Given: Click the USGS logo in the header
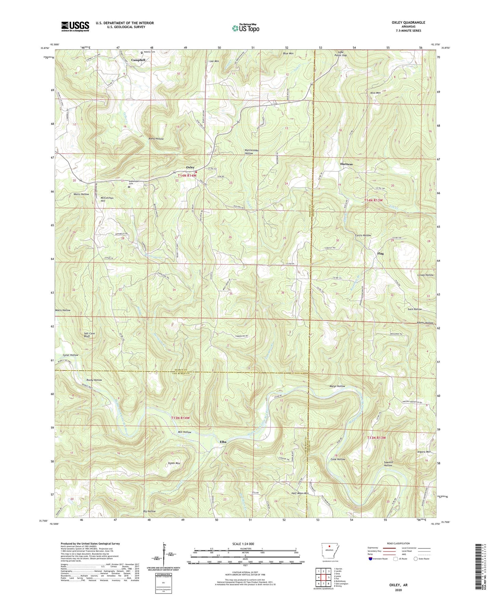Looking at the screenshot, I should click(x=75, y=26).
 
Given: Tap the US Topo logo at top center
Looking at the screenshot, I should click(x=245, y=28).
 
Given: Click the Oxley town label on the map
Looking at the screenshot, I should click(x=190, y=167).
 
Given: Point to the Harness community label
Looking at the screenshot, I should click(x=346, y=164).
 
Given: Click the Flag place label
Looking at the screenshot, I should click(x=380, y=254).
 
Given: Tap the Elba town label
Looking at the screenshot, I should click(x=223, y=442).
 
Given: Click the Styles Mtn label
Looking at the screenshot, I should click(x=174, y=463).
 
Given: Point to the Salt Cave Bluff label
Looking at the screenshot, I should click(x=90, y=335).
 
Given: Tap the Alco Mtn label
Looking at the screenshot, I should click(x=375, y=93).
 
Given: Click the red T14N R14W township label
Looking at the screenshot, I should click(x=187, y=175).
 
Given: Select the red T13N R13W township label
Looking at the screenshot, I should click(x=376, y=438).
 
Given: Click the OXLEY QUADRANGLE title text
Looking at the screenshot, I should click(x=408, y=23).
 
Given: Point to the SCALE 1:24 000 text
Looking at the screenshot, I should click(x=243, y=544).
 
